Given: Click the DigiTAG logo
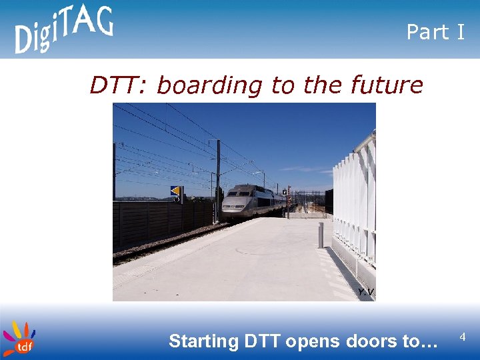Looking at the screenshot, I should tap(63, 29).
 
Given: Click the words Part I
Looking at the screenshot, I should tap(435, 32).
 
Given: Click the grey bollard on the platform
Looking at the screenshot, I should tap(321, 235).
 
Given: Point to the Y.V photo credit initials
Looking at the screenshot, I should tap(365, 292).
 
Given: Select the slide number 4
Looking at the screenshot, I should tap(463, 338).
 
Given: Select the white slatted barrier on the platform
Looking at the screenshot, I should tap(353, 200).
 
